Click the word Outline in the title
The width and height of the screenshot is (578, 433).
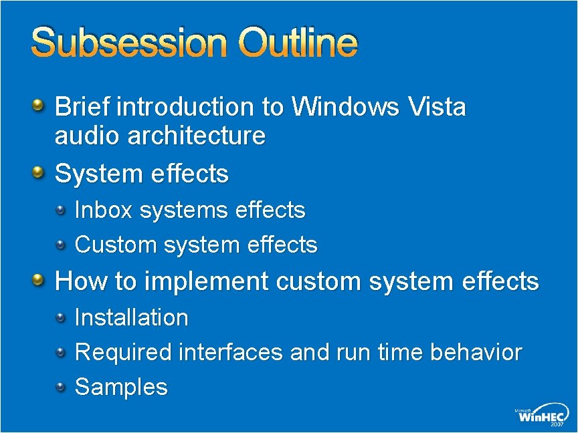tap(300, 43)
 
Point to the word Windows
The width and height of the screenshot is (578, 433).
tap(345, 106)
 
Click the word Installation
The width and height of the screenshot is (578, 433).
tap(131, 317)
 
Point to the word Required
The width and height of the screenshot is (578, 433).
tap(123, 352)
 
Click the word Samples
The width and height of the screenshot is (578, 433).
tap(121, 387)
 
